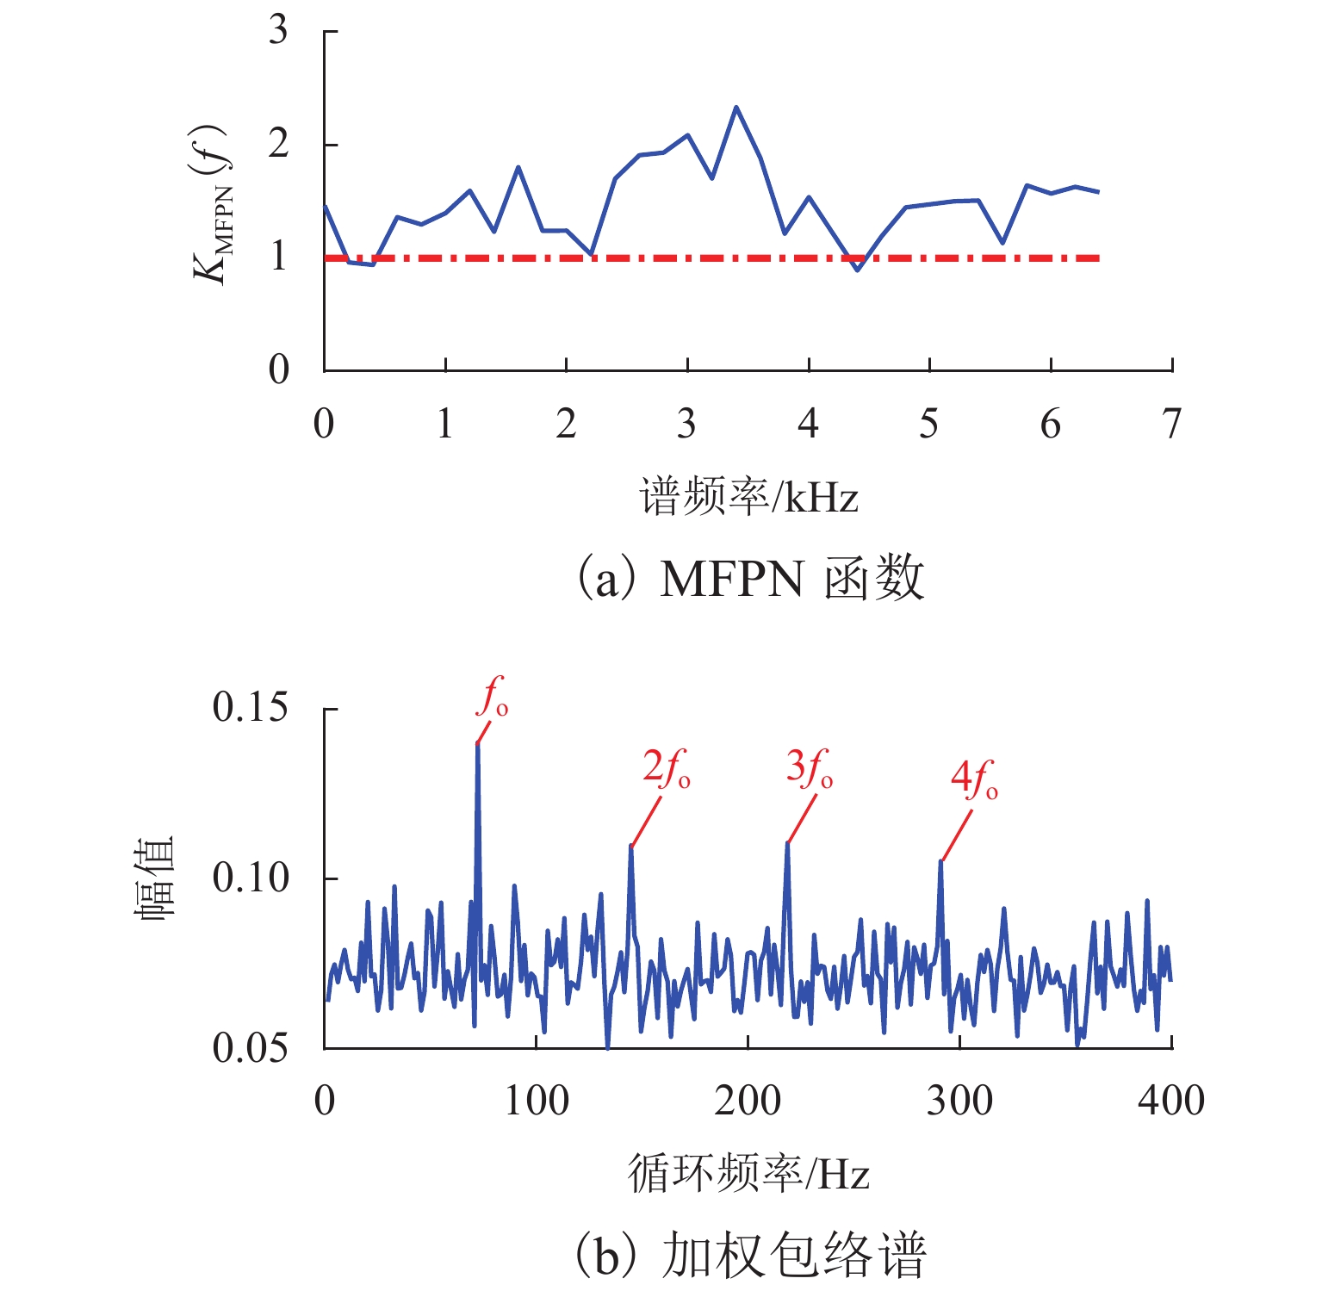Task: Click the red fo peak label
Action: pyautogui.click(x=493, y=698)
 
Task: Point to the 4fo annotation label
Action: pyautogui.click(x=974, y=779)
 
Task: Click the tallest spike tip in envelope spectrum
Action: pyautogui.click(x=477, y=743)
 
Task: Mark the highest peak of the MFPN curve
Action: pyautogui.click(x=735, y=107)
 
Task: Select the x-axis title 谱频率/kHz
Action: pyautogui.click(x=748, y=498)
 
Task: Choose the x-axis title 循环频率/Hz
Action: pyautogui.click(x=748, y=1173)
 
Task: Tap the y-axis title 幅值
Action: pyautogui.click(x=156, y=878)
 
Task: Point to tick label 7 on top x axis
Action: pyautogui.click(x=1171, y=424)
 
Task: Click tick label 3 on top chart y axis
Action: pyautogui.click(x=278, y=31)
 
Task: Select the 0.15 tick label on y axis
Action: pyautogui.click(x=250, y=708)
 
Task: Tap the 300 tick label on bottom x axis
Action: pyautogui.click(x=959, y=1101)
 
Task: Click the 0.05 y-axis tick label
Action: pyautogui.click(x=250, y=1048)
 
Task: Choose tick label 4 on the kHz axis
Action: pyautogui.click(x=808, y=424)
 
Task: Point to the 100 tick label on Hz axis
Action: pyautogui.click(x=536, y=1101)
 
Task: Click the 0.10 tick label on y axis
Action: pyautogui.click(x=250, y=878)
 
